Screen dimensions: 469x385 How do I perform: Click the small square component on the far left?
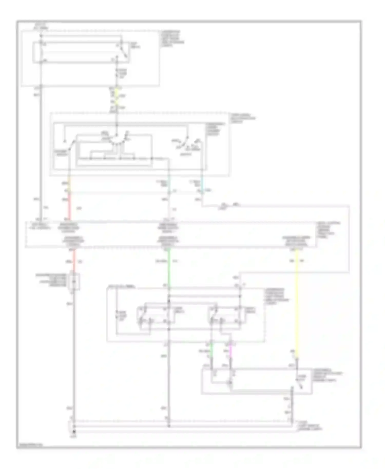pyautogui.click(x=74, y=282)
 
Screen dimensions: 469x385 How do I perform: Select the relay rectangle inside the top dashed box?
pyautogui.click(x=81, y=52)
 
